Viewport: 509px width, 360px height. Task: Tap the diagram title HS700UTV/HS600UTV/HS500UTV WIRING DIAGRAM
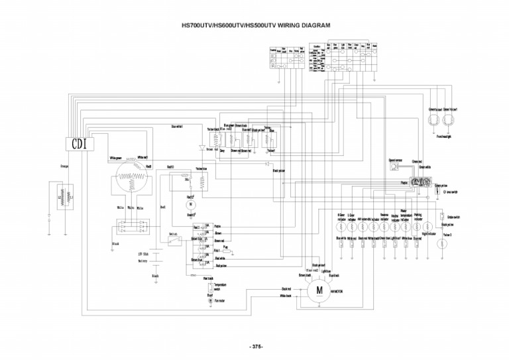click(x=256, y=26)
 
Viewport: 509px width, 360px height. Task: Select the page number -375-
click(x=256, y=346)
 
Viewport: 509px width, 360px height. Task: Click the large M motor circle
click(x=318, y=290)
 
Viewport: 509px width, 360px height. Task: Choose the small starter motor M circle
click(x=191, y=206)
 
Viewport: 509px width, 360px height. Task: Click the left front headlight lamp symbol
click(x=433, y=119)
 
